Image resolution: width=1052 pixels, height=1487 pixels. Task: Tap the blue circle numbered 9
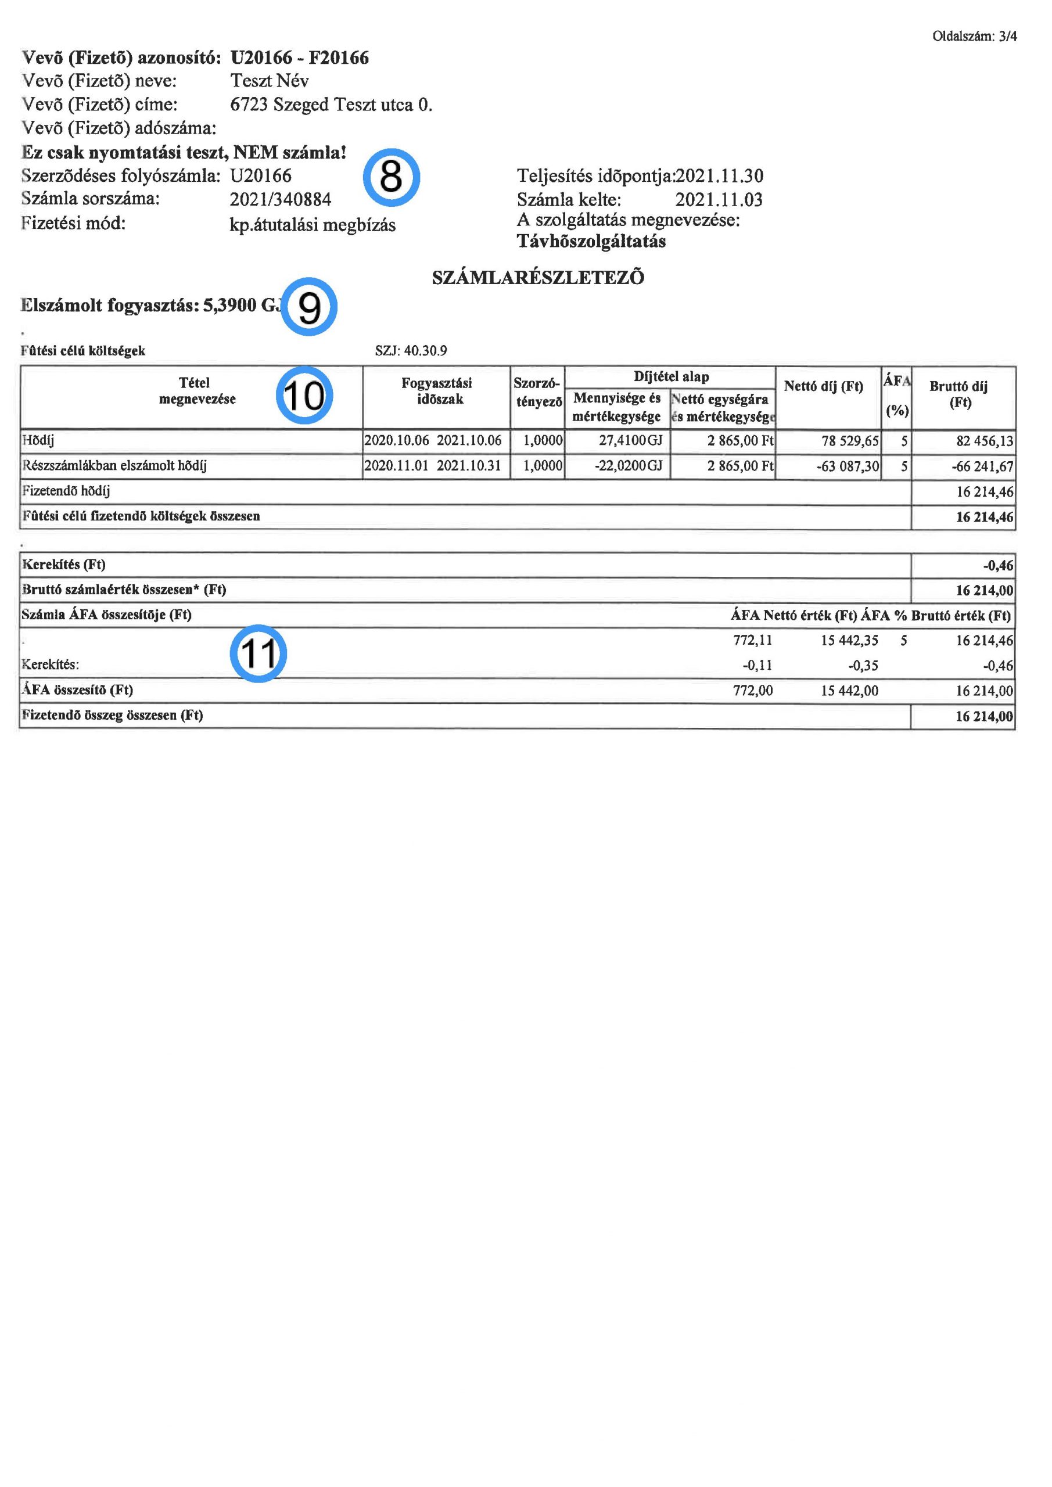point(309,307)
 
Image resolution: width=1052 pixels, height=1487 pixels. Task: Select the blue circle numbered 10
point(304,395)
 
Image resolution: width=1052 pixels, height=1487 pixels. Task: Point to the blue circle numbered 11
point(258,653)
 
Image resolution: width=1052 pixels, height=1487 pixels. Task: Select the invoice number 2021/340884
point(281,199)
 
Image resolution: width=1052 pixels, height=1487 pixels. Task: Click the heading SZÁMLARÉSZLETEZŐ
point(538,278)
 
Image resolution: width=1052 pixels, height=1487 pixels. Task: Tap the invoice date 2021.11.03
point(719,199)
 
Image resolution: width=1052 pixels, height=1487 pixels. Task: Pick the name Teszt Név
point(270,81)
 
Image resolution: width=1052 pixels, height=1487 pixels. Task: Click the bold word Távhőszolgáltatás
point(591,242)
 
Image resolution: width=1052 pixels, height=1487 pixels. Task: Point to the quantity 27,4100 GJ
point(630,441)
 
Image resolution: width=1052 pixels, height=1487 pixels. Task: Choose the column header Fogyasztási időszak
point(437,390)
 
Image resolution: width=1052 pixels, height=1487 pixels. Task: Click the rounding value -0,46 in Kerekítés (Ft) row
point(997,565)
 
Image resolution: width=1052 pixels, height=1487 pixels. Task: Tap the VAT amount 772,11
point(752,641)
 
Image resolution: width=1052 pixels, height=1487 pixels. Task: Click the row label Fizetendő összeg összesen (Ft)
point(113,716)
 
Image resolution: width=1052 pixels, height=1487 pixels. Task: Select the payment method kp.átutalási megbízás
point(313,225)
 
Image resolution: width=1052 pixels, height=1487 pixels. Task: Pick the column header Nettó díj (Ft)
point(823,387)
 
